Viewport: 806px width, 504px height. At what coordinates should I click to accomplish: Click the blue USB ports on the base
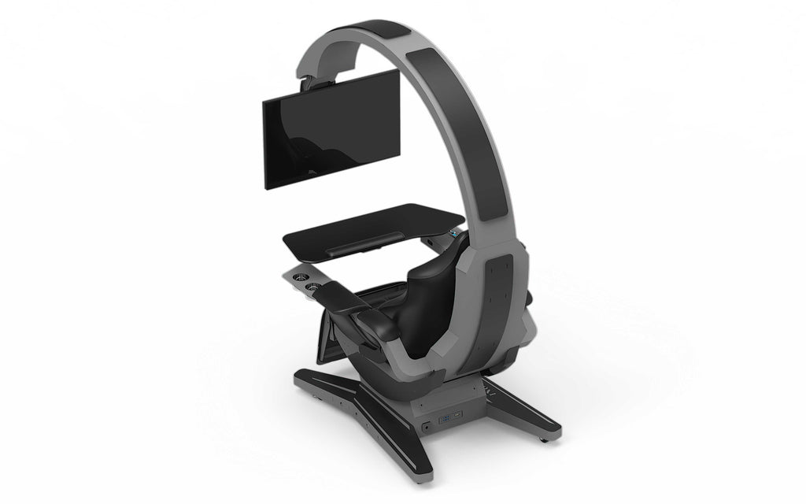click(444, 417)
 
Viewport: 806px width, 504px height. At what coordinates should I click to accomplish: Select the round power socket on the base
click(426, 425)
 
